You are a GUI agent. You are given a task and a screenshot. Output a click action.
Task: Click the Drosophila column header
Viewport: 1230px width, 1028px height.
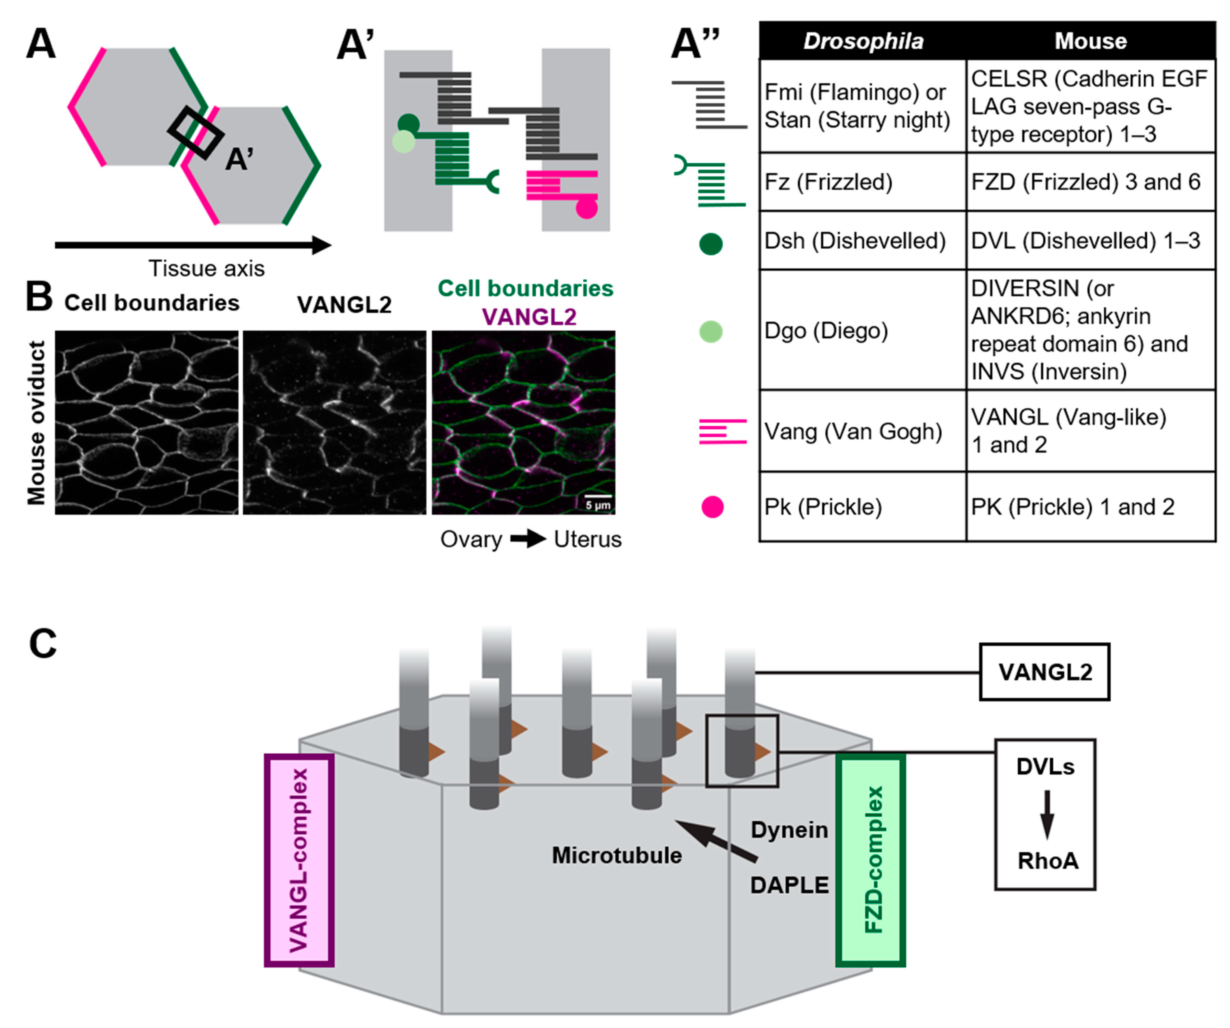click(x=863, y=41)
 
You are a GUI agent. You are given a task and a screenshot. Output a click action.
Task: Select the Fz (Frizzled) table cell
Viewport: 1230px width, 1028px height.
click(x=862, y=182)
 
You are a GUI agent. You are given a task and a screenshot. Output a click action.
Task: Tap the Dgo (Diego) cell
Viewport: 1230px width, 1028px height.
click(x=862, y=330)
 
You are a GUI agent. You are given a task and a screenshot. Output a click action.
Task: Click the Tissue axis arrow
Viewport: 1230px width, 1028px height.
click(x=193, y=245)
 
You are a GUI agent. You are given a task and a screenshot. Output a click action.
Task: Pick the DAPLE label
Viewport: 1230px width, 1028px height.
click(x=789, y=885)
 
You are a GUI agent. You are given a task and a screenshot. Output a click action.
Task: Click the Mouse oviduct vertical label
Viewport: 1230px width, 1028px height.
click(x=36, y=422)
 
